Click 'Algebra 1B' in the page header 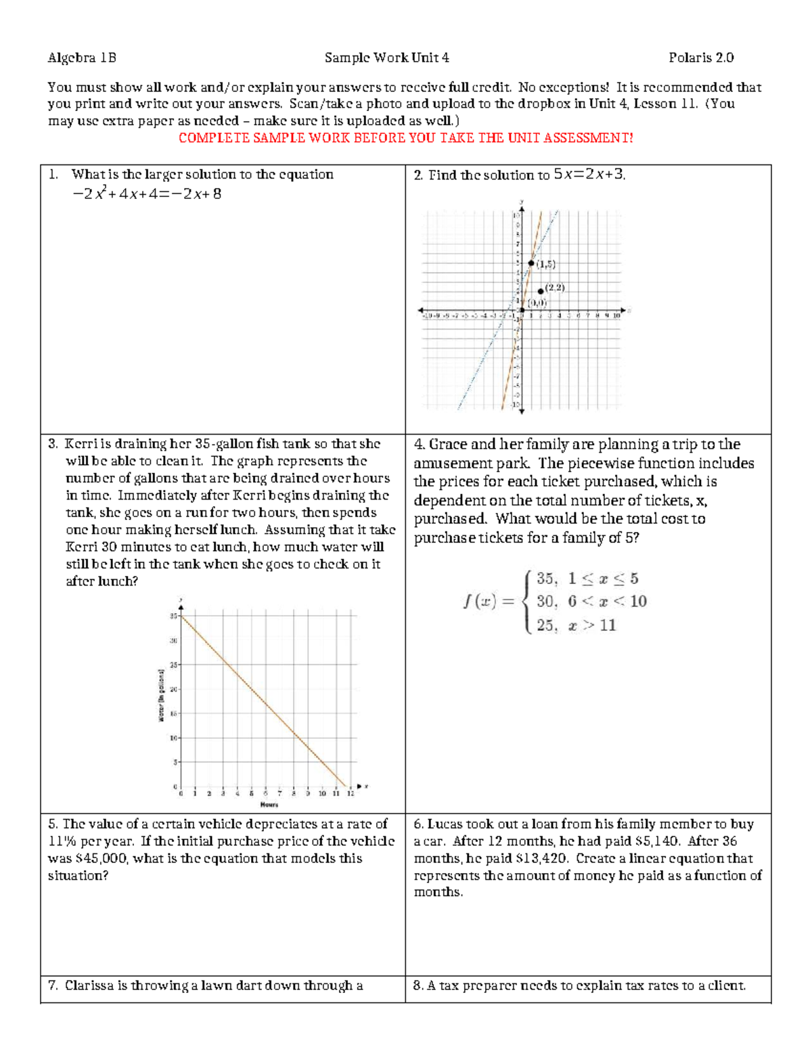[x=82, y=58]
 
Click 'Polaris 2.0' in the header [x=701, y=58]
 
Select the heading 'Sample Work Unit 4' [x=386, y=58]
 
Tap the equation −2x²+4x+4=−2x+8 [x=147, y=194]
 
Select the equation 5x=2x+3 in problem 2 [x=589, y=174]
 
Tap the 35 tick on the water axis [x=174, y=616]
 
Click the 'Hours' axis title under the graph [x=269, y=805]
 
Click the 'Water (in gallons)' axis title [x=162, y=696]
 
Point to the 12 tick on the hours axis [x=350, y=793]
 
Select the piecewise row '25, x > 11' [x=576, y=625]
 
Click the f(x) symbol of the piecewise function [x=480, y=601]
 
